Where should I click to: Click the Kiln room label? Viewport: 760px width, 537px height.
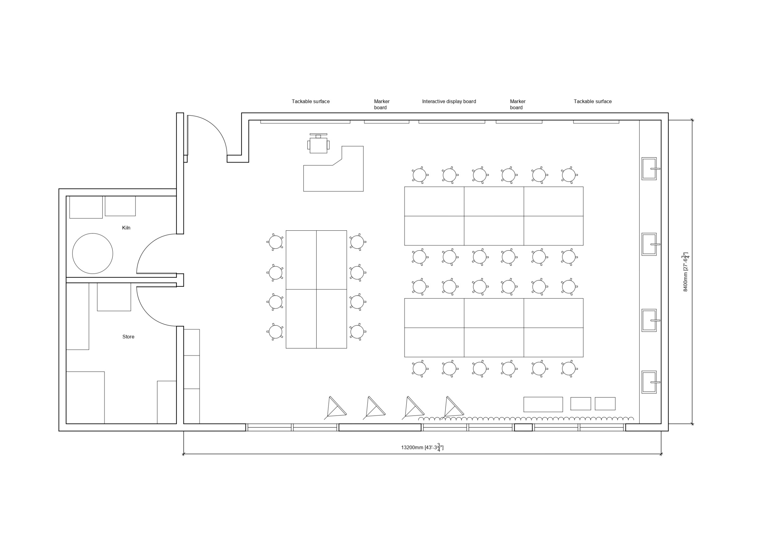(126, 228)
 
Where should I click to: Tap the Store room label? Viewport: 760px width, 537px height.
(129, 337)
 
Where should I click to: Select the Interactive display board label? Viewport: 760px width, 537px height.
(449, 102)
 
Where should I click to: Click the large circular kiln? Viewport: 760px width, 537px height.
(93, 253)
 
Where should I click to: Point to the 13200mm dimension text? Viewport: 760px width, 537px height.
(422, 448)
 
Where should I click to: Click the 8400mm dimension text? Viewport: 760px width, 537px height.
(686, 272)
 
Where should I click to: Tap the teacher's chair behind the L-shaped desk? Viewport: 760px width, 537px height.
(319, 144)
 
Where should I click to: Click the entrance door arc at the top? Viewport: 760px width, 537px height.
(215, 127)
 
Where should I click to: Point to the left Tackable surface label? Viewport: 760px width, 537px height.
(310, 102)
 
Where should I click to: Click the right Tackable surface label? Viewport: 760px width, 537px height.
(592, 102)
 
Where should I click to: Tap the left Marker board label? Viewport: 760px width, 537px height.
(381, 104)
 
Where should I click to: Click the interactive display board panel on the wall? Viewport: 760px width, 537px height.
(452, 122)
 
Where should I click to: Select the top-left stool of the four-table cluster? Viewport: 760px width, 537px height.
(275, 242)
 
